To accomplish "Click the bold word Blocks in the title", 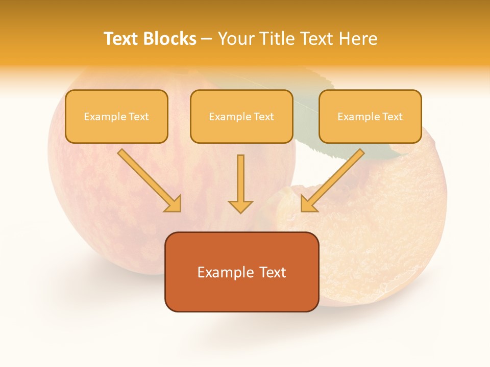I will pyautogui.click(x=169, y=39).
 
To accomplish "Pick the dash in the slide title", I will pyautogui.click(x=207, y=39).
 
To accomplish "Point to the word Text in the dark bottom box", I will pyautogui.click(x=273, y=273).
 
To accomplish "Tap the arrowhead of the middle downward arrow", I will pyautogui.click(x=240, y=206).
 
